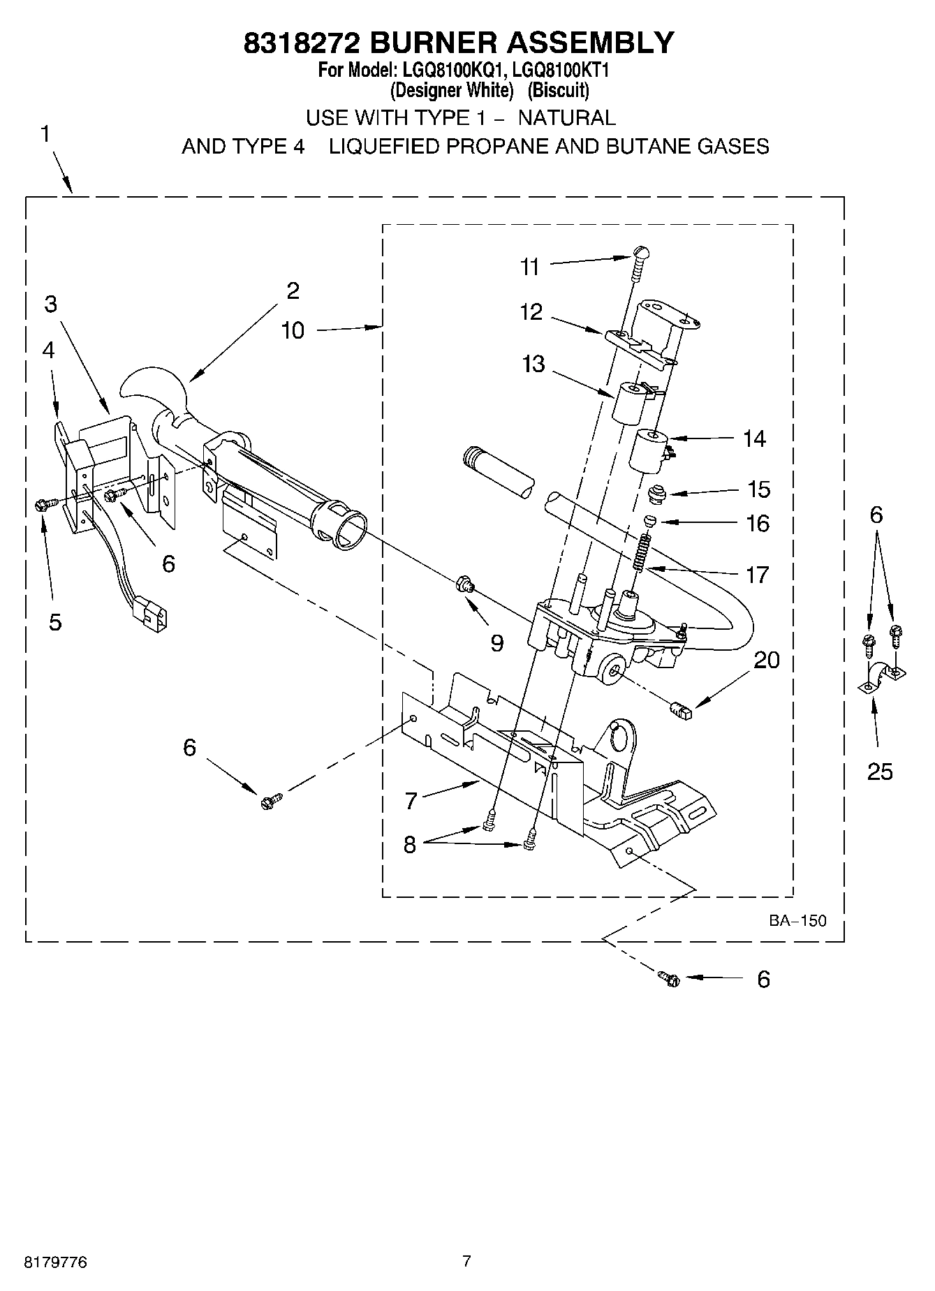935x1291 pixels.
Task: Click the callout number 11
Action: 530,267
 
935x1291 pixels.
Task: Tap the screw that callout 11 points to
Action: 639,261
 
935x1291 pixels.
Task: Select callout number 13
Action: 533,364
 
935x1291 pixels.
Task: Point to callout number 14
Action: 754,438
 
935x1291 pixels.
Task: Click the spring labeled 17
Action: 643,552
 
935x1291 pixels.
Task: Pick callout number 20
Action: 767,660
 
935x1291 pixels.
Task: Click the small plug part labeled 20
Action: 679,711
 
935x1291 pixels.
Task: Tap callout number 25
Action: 880,772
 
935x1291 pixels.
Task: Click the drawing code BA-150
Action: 797,920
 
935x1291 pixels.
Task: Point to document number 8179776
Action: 56,1263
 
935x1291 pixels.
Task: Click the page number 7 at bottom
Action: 466,1260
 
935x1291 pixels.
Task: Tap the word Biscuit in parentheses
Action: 558,90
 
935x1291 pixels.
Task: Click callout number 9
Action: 496,642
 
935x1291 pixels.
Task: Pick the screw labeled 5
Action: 41,505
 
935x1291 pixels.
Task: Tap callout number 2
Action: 293,290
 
